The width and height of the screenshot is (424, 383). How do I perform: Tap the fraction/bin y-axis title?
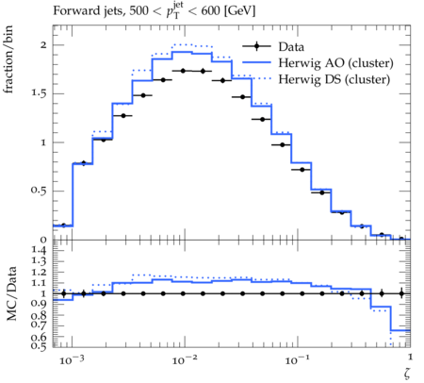click(8, 59)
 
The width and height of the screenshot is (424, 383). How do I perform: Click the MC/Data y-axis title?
click(11, 293)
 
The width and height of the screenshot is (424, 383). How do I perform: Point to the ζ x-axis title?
click(407, 374)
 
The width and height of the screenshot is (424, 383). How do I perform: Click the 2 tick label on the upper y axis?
click(43, 45)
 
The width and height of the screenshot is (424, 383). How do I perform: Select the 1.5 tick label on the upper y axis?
click(39, 93)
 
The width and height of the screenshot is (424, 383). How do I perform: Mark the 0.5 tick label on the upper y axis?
click(39, 191)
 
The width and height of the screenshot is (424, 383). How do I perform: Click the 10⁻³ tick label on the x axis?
click(72, 360)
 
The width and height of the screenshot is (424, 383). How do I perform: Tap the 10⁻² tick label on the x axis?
click(185, 360)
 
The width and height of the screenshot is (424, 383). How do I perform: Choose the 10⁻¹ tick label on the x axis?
click(297, 360)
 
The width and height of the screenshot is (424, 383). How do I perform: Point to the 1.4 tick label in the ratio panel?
click(39, 250)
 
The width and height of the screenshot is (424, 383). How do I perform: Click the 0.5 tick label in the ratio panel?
click(39, 346)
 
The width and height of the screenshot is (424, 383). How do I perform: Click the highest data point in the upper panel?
click(183, 71)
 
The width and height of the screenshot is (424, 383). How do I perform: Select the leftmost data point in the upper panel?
click(63, 225)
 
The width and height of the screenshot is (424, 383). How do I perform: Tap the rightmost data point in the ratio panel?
click(401, 293)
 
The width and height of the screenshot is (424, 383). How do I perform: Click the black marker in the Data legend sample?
click(256, 46)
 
